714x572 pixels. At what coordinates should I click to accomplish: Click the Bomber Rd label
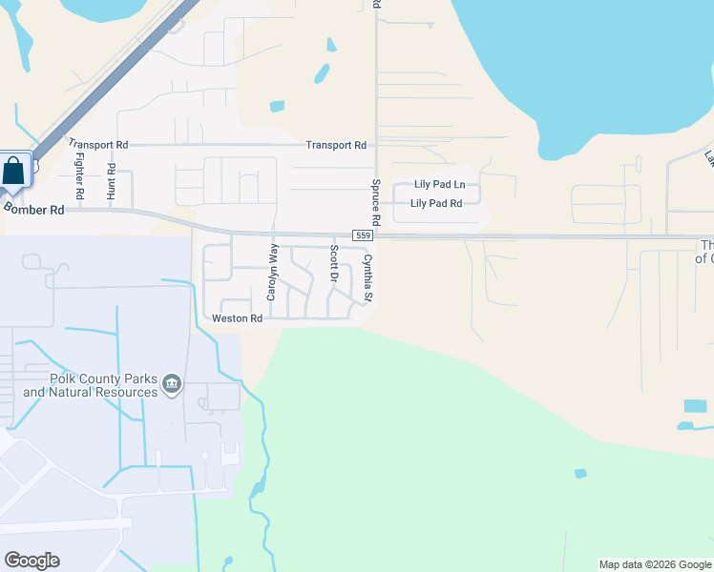coord(33,209)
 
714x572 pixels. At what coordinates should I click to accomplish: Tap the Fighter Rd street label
coord(80,176)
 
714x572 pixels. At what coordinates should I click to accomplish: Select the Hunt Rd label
coord(112,180)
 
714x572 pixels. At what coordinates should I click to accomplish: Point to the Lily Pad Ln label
coord(439,184)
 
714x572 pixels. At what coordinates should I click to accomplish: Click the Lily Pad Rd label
coord(436,203)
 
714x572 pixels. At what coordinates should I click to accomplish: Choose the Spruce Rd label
coord(376,203)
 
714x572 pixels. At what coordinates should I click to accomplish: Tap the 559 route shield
coord(362,235)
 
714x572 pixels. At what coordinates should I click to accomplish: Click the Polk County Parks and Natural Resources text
coord(90,386)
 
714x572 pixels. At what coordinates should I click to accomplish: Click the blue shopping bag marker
coord(15,172)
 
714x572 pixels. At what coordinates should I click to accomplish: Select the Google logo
coord(31,561)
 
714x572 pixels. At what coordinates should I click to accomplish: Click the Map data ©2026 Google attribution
coord(655,564)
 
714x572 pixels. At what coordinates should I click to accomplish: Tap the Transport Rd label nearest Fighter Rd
coord(97,145)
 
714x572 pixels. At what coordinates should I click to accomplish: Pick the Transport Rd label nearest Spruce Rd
coord(336,145)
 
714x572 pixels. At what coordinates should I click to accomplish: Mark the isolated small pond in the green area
coord(580,473)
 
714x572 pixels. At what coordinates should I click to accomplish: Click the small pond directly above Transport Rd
coord(277,106)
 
